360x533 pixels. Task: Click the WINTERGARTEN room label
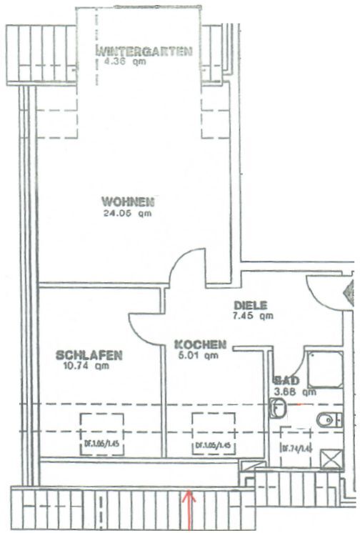(x=146, y=51)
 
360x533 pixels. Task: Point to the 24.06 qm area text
(x=127, y=211)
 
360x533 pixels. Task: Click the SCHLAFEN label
(x=89, y=355)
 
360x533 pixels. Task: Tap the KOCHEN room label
(x=201, y=344)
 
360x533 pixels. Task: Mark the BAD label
(x=286, y=381)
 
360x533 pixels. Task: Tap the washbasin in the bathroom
(x=279, y=409)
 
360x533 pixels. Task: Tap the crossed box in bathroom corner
(x=330, y=458)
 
